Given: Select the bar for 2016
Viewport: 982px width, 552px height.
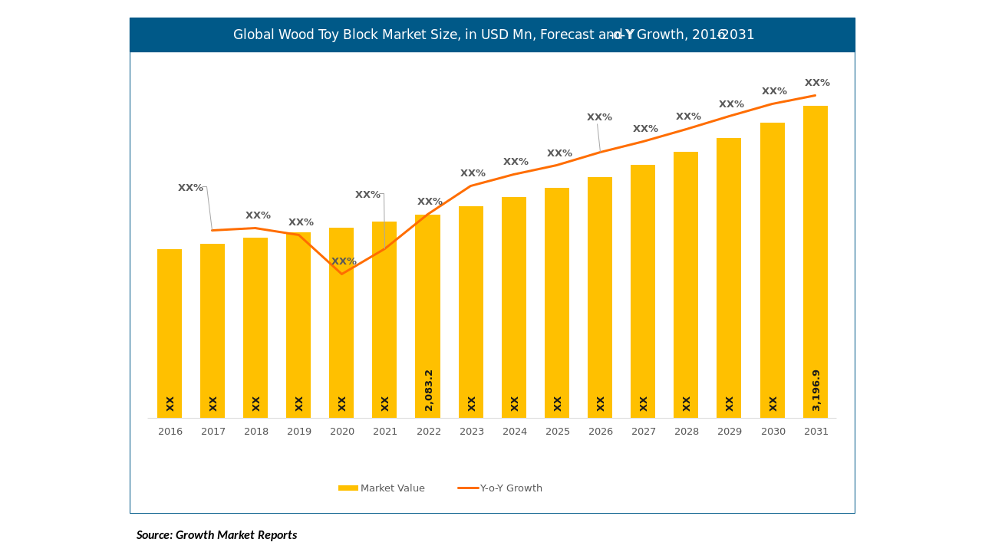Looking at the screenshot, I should (170, 333).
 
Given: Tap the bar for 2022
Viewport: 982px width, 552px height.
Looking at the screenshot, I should (427, 316).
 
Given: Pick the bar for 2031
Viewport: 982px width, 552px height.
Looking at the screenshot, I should (816, 261).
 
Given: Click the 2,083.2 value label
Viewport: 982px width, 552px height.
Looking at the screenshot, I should (429, 390).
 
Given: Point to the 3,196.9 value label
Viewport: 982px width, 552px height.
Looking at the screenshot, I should (816, 390).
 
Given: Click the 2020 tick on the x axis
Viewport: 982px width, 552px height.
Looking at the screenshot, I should (342, 432).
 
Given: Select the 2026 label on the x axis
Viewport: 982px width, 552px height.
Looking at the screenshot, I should (601, 432).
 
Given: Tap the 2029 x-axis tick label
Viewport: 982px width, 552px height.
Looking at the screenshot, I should (730, 432).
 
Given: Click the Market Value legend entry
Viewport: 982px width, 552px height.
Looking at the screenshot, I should (382, 488).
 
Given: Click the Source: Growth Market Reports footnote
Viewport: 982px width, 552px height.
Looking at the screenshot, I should (216, 535).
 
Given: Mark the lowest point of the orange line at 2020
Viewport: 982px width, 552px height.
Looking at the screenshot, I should (342, 274).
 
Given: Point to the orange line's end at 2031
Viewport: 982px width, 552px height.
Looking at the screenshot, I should (816, 96).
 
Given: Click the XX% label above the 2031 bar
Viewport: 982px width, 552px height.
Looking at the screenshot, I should (817, 83).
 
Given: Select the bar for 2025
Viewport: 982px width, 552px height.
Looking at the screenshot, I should (557, 303).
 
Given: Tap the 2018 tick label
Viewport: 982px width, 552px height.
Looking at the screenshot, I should (256, 432).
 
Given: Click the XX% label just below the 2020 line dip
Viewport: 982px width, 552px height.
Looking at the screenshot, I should (344, 261).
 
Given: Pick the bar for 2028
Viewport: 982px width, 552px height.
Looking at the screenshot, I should (686, 284).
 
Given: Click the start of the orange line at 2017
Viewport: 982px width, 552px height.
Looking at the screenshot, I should (213, 230).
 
